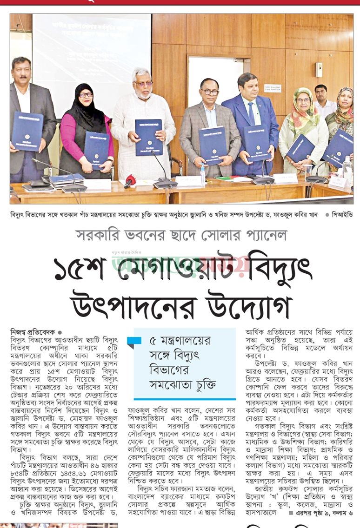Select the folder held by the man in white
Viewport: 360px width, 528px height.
tap(148, 137)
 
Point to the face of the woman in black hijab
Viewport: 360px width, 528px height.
tap(86, 98)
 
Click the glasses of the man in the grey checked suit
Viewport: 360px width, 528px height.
tap(210, 92)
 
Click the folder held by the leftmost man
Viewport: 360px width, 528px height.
tap(27, 131)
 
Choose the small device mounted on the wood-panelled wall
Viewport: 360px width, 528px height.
tap(319, 69)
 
